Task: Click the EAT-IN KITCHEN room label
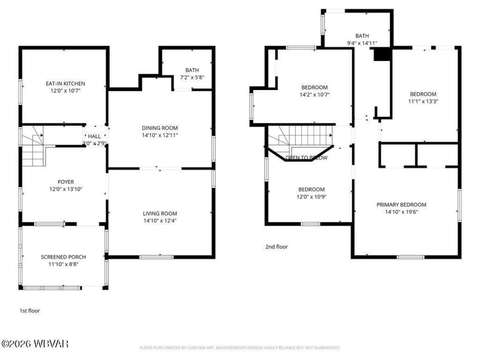pos(65,84)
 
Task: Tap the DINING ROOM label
pos(160,128)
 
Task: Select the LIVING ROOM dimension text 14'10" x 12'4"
pos(160,221)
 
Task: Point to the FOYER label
pos(66,182)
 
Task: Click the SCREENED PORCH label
pos(63,257)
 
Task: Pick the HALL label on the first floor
pos(94,136)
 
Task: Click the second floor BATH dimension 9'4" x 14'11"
pos(362,43)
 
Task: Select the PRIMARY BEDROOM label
pos(401,204)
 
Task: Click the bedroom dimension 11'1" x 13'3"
pos(423,101)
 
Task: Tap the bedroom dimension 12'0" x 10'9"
pos(311,197)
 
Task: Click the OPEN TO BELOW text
pos(306,158)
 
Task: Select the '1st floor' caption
pos(30,311)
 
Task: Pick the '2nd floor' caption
pos(276,247)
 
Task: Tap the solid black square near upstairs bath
pos(382,54)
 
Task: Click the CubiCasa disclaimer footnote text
pos(240,348)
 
